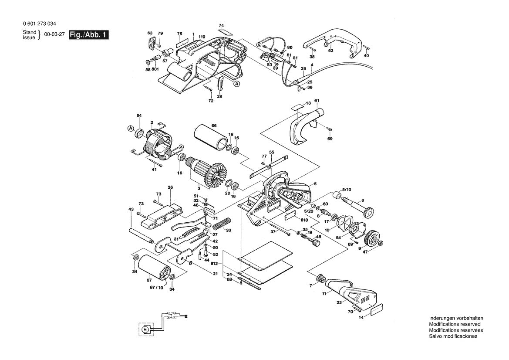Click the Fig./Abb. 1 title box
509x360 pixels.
(x=88, y=35)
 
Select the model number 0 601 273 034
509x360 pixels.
(x=39, y=24)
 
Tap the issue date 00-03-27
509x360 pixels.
(x=54, y=35)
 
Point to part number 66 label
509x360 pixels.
(x=214, y=126)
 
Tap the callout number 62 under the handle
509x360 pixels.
(x=330, y=51)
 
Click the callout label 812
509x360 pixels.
(x=214, y=264)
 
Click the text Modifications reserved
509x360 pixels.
(x=455, y=324)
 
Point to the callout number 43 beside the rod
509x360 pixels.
(x=131, y=210)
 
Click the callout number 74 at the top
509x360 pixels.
(x=221, y=25)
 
